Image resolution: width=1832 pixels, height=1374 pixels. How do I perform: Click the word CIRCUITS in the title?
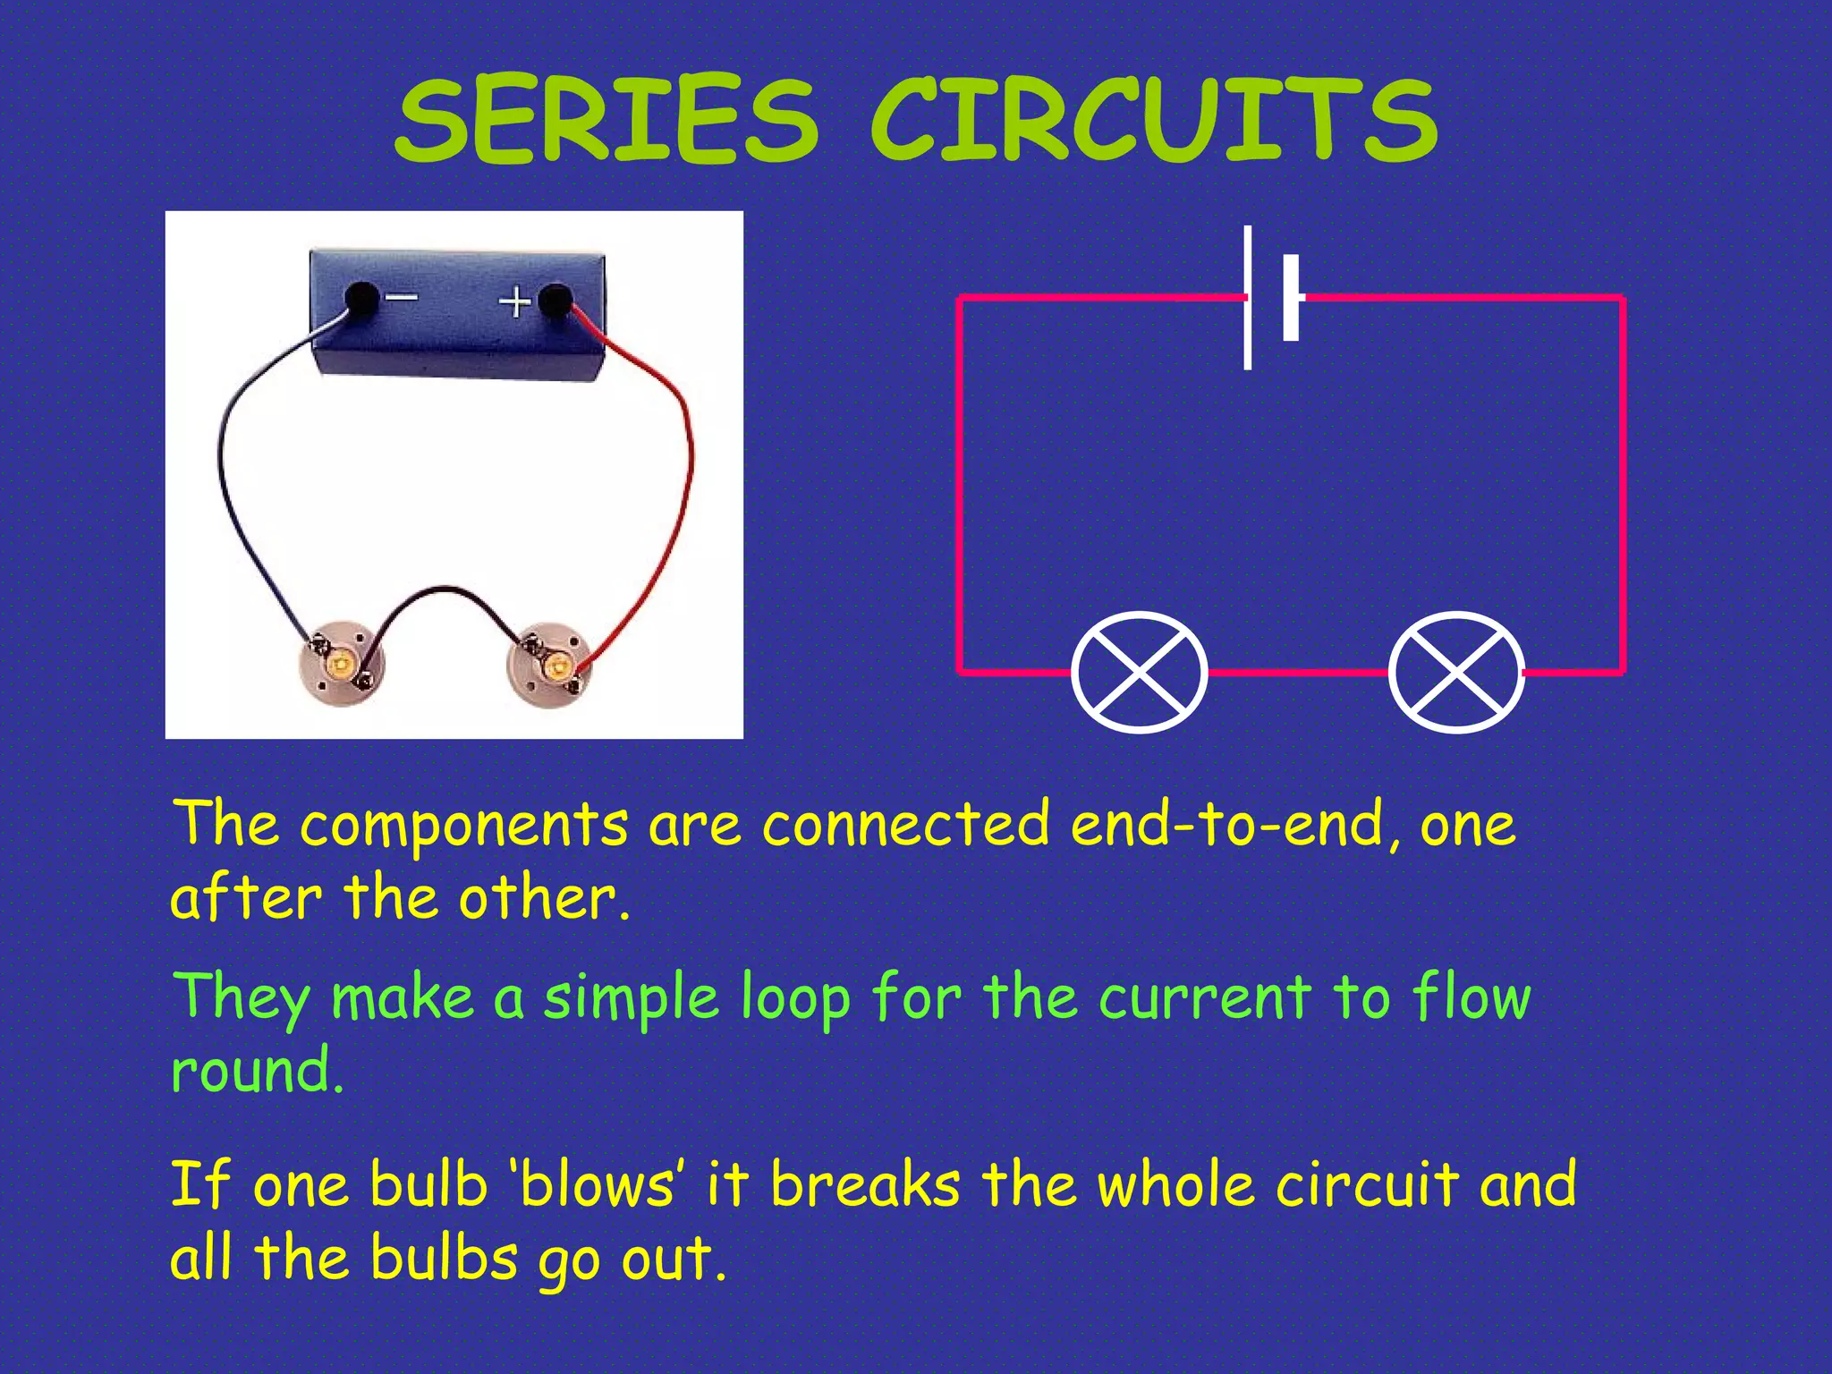pos(1154,121)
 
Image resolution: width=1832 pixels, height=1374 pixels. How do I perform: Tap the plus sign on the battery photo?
pos(514,301)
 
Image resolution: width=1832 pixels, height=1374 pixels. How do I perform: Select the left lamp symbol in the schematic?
pos(1139,672)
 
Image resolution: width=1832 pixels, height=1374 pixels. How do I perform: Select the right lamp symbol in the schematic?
pos(1456,672)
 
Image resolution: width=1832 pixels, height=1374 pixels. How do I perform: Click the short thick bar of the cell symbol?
pos(1291,298)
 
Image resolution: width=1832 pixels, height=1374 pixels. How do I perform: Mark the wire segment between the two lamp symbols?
pos(1297,672)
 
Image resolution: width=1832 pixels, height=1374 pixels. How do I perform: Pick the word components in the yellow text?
pos(463,825)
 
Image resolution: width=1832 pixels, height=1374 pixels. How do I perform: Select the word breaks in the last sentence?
pos(865,1184)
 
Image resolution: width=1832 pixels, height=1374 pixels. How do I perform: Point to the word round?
pos(257,1071)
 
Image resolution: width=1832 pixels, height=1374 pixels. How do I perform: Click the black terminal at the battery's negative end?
pos(361,298)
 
